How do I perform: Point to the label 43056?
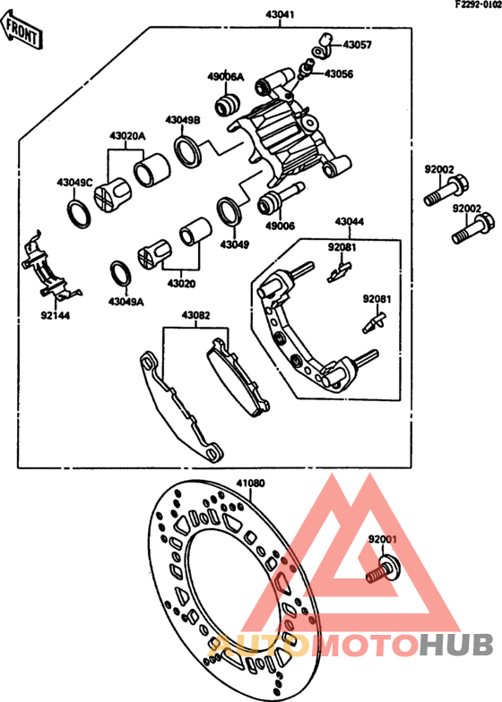coord(338,74)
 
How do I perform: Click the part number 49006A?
coord(225,77)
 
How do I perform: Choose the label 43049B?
coord(182,119)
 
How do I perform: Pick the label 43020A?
coord(126,136)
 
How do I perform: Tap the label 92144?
coord(55,315)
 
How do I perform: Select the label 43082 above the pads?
coord(195,315)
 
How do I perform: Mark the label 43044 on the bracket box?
coord(350,221)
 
